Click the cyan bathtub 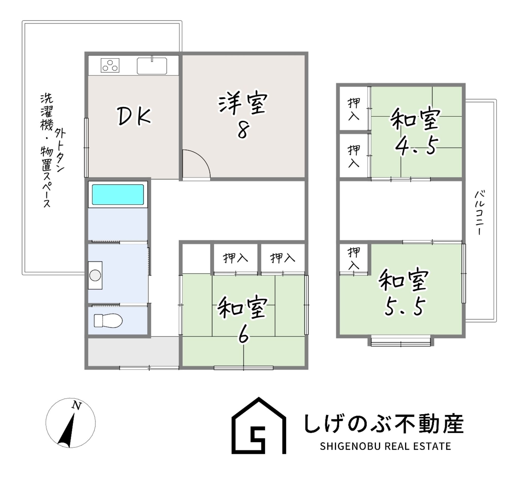click(x=118, y=195)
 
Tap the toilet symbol click(x=108, y=321)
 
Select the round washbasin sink click(x=95, y=275)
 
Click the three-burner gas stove click(x=110, y=65)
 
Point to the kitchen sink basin click(x=152, y=66)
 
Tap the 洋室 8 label click(x=243, y=115)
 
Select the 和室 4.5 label click(x=415, y=131)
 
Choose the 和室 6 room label click(x=243, y=319)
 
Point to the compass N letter click(x=77, y=405)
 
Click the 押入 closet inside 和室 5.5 click(x=354, y=258)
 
